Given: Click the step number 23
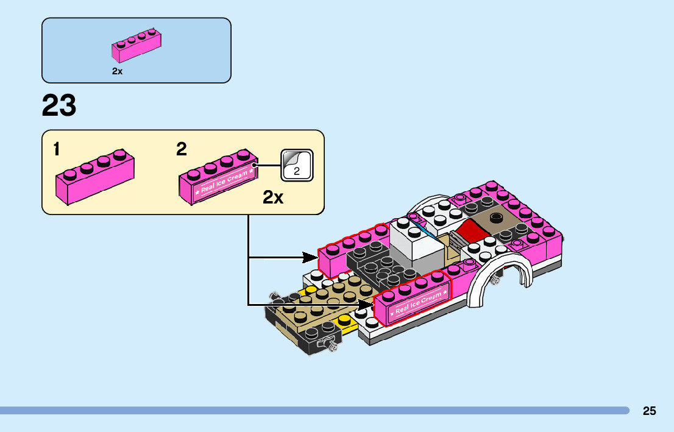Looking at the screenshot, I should tap(59, 106).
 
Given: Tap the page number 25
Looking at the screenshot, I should tap(649, 411).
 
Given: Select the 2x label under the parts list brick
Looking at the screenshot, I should tap(117, 71).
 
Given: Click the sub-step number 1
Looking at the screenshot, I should tap(56, 149).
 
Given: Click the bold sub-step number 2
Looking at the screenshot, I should tap(182, 149).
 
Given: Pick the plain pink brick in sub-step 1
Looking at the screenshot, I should tap(94, 178).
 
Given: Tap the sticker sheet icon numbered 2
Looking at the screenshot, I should tap(297, 165).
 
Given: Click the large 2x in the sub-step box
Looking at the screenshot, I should tap(273, 198).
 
